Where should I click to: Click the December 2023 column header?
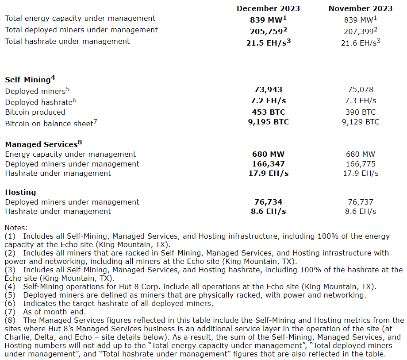pos(268,8)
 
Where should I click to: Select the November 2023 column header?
pos(361,8)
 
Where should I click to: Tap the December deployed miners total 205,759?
pos(266,31)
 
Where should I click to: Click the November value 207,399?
pos(359,31)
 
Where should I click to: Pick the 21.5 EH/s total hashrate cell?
pos(267,43)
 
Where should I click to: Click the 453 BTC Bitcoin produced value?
pos(268,112)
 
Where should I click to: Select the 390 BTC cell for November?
pos(361,112)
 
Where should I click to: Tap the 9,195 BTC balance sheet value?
pos(268,121)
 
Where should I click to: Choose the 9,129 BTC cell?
pos(361,121)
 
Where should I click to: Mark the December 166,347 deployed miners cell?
pos(268,164)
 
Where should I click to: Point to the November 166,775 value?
pos(361,164)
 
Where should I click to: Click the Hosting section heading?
pos(20,192)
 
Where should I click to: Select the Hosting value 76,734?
pos(268,202)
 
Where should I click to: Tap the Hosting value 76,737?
pos(361,202)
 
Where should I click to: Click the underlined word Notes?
pos(15,228)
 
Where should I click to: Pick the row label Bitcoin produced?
pos(35,112)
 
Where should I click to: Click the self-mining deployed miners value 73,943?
pos(268,89)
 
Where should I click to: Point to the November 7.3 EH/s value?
pos(361,101)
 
